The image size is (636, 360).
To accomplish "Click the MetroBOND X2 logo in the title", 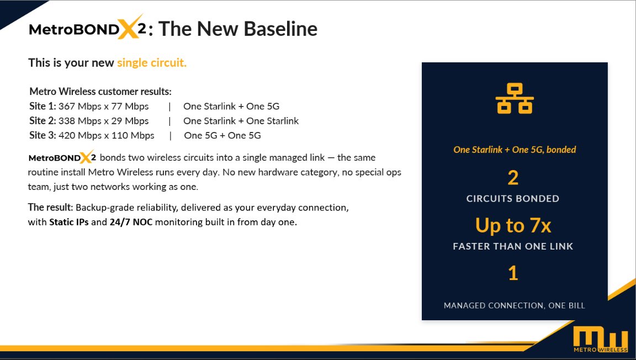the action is [88, 28].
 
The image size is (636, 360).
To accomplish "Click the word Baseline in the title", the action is [280, 29].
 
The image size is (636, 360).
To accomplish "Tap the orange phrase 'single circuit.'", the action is [152, 63].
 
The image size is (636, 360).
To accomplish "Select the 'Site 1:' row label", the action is [43, 107].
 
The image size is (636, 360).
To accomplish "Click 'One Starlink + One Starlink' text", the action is [241, 121].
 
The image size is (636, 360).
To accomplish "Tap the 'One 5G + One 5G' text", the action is [222, 136].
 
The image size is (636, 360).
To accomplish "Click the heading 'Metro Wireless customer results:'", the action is [100, 92].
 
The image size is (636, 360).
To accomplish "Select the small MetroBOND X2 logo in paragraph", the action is [62, 157].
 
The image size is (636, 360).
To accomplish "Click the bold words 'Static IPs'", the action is [69, 222].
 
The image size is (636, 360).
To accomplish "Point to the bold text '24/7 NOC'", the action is [131, 222].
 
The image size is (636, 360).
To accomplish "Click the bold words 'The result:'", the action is [50, 208].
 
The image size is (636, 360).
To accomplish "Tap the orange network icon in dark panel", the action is [515, 99].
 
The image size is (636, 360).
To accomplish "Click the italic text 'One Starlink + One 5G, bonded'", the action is [515, 150].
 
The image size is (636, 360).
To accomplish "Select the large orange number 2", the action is [513, 178].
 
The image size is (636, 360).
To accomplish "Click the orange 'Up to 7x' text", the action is [513, 225].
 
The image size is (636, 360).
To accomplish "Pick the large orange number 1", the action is [513, 273].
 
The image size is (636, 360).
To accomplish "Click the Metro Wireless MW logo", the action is [601, 338].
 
